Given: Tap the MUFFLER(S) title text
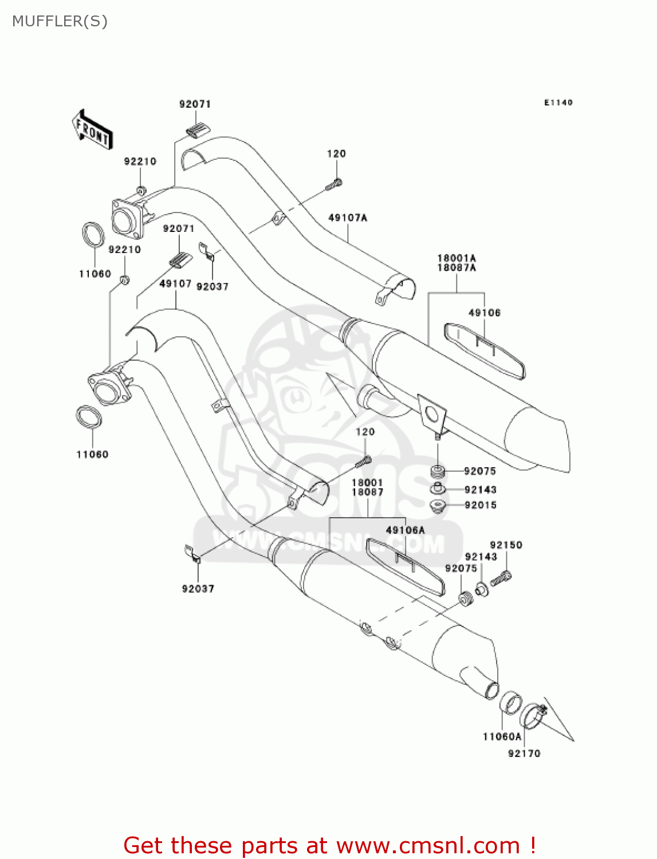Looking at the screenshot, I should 60,21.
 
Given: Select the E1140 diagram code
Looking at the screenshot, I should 558,103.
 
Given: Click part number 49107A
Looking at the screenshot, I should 348,218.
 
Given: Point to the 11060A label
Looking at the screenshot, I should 502,736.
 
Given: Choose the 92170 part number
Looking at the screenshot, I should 524,753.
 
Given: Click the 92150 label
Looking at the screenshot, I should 506,545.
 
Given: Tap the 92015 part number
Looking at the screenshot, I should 481,505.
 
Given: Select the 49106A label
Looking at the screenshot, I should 405,530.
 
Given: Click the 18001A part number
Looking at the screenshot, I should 457,258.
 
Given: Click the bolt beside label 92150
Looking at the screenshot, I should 501,579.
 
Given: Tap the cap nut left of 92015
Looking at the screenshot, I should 438,506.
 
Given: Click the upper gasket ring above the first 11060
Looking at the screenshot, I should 93,235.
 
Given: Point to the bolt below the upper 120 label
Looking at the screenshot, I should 334,185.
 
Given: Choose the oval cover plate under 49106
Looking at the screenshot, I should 485,350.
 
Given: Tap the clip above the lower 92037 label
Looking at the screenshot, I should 191,554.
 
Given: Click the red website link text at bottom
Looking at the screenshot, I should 329,845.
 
